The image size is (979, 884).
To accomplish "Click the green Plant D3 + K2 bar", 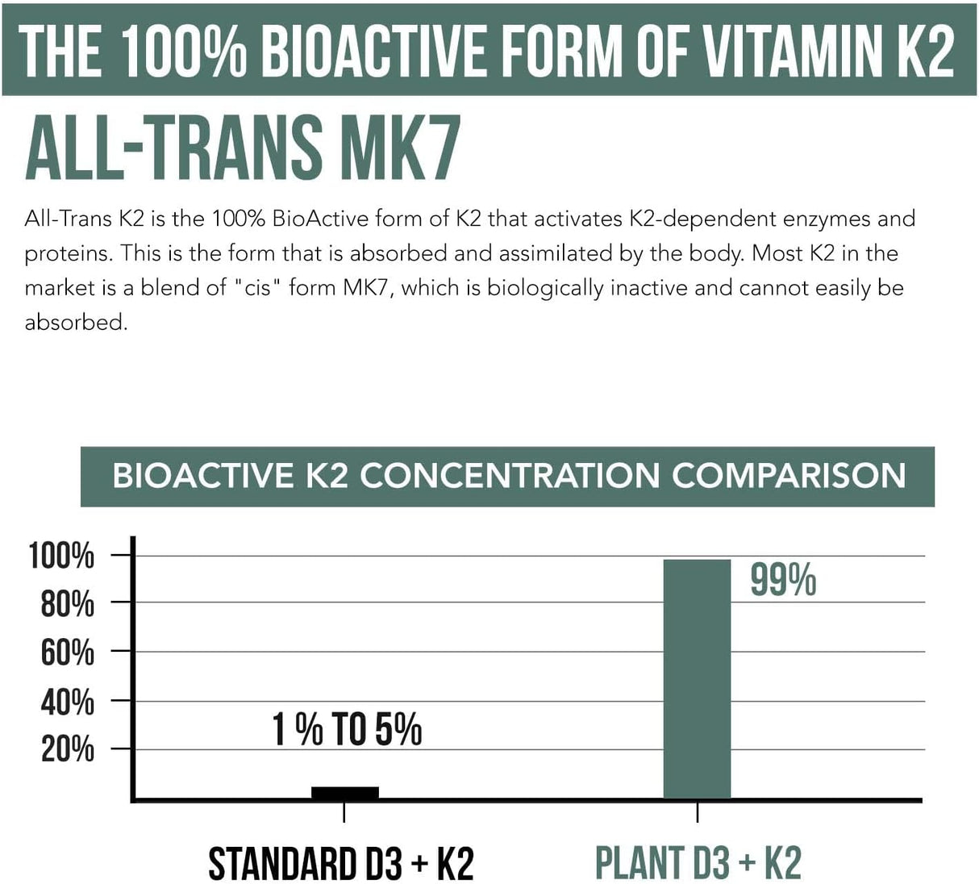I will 697,678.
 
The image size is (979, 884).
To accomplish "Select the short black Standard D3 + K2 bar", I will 344,792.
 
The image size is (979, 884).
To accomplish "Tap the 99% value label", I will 782,580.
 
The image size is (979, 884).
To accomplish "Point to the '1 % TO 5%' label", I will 347,730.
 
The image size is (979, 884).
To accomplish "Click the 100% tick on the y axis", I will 62,556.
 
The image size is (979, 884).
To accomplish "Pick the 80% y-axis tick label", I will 67,603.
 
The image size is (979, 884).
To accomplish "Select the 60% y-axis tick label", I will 67,653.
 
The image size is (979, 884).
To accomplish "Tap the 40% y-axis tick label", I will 67,702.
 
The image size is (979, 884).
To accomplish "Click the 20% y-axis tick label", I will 67,749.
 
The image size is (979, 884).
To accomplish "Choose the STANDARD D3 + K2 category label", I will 341,864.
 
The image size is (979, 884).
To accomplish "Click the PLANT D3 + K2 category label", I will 698,864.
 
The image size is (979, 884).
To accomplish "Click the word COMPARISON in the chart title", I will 789,476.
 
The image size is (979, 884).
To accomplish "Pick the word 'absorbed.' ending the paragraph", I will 77,323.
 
